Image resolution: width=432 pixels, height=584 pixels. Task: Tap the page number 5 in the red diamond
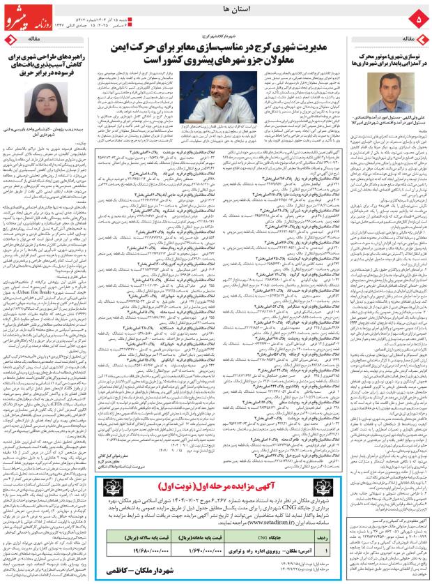[x=418, y=16]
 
